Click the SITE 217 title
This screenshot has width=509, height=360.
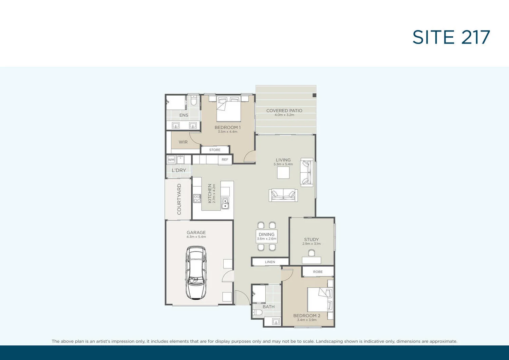451,37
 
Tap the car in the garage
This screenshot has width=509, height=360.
196,273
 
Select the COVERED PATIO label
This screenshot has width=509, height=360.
284,111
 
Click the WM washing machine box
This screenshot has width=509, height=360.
171,159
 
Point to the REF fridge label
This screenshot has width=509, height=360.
225,159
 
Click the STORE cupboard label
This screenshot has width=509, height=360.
215,150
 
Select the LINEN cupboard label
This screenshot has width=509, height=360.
270,262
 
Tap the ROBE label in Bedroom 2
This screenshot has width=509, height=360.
318,272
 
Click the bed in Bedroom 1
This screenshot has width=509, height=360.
229,109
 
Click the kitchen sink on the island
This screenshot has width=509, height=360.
225,203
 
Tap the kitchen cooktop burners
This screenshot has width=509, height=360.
197,198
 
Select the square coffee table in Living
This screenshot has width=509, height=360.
283,173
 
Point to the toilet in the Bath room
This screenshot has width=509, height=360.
258,312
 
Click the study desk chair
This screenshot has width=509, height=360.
312,253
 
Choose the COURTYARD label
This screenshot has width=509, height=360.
179,199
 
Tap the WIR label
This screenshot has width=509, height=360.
183,142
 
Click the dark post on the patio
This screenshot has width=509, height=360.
314,95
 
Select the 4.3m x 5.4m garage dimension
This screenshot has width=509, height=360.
196,237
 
